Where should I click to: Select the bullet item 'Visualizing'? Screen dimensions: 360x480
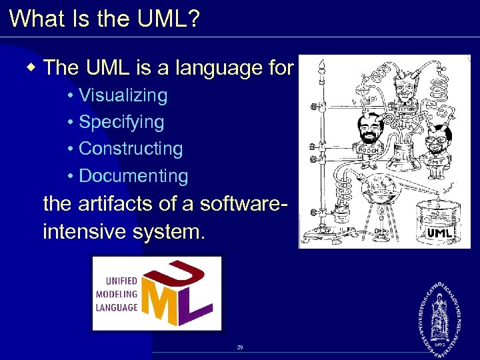coord(123,95)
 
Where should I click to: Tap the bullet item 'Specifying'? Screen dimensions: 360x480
coord(121,123)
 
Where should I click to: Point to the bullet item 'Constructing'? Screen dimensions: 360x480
coord(131,149)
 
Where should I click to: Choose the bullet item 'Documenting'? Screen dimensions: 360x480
coord(133,176)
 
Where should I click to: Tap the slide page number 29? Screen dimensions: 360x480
coord(240,347)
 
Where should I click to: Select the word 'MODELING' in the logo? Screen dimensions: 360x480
coord(117,294)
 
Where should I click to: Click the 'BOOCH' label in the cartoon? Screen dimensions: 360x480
coord(368,150)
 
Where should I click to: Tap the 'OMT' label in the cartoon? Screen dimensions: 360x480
coord(435,161)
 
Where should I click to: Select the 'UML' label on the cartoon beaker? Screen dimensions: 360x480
coord(439,233)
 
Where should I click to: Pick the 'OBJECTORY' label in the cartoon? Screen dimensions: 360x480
coord(402,109)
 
